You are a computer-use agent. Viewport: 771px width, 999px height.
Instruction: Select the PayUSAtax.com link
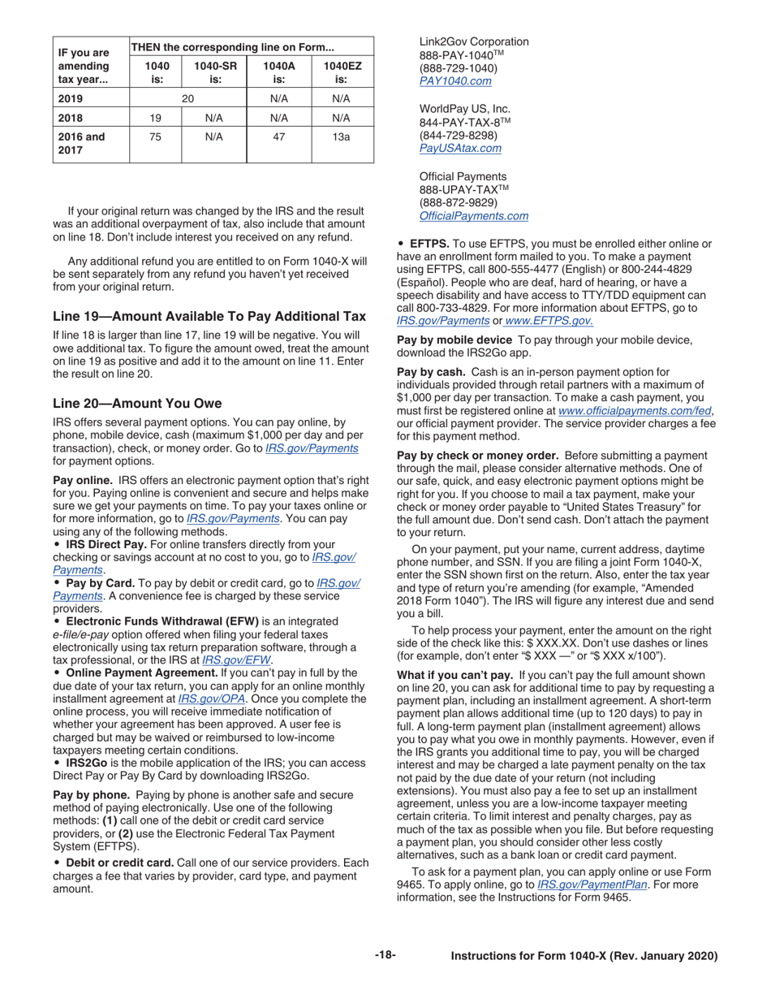460,149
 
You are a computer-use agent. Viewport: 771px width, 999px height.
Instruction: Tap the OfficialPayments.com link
473,216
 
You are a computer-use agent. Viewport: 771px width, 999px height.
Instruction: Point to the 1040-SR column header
214,72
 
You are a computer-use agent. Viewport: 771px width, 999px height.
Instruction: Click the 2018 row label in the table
71,118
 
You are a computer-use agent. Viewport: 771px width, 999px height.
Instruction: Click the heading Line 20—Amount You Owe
137,404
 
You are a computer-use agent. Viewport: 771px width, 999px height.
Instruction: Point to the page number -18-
385,955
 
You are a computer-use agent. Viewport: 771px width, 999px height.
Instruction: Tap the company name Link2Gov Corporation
474,42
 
